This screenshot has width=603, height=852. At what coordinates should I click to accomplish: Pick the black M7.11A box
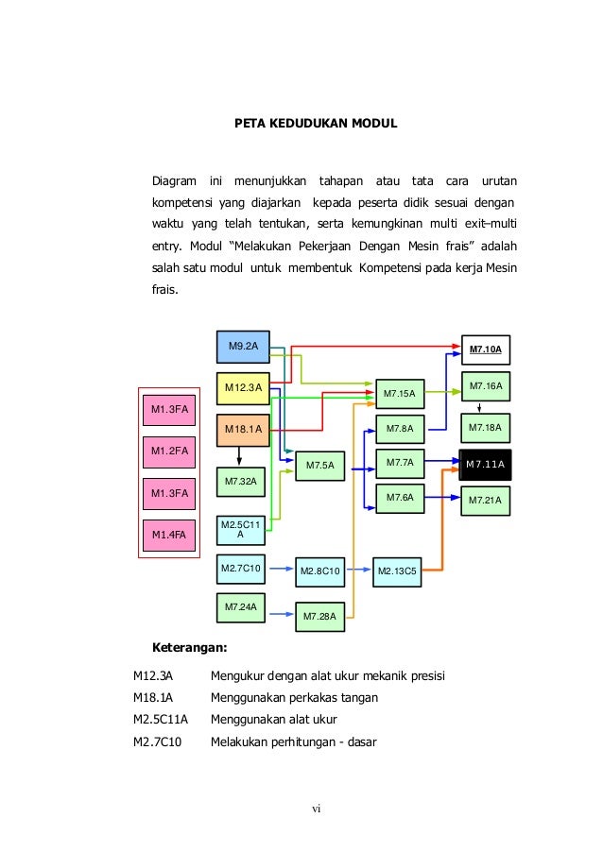[486, 465]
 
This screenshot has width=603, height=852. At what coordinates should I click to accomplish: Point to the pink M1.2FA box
[169, 451]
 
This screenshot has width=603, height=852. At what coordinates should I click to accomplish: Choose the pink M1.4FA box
[169, 536]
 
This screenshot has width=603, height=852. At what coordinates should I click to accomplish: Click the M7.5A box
[320, 465]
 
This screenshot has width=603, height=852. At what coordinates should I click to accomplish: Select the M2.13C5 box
[397, 571]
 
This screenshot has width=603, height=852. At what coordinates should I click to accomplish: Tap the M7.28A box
[320, 616]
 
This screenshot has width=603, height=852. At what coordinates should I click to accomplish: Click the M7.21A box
[486, 500]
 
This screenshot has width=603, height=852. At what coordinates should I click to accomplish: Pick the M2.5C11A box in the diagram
[241, 530]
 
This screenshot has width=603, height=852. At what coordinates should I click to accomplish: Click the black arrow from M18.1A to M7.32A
[240, 456]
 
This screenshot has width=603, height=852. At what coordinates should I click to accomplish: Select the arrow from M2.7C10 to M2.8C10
[281, 569]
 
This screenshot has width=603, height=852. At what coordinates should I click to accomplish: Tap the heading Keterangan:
[189, 649]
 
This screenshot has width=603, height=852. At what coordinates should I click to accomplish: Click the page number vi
[318, 808]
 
